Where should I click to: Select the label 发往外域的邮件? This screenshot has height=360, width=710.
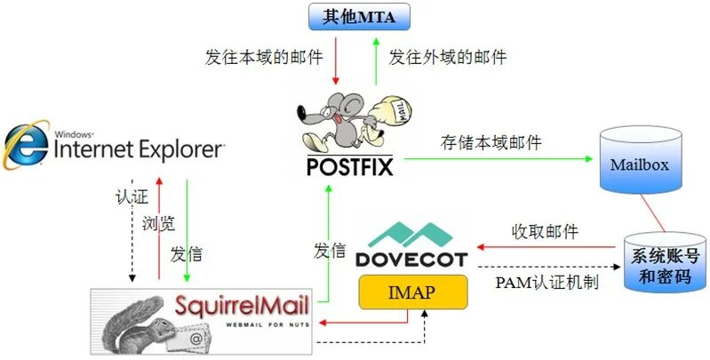448,58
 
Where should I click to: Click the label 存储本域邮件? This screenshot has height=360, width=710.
491,142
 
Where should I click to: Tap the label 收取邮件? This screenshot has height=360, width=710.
545,232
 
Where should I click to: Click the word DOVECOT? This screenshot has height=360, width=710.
411,259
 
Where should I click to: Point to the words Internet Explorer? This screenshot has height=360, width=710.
138,149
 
